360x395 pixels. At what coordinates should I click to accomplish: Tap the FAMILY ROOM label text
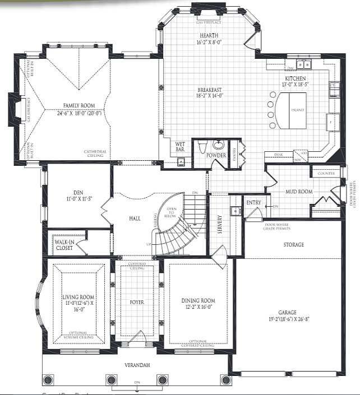click(79, 105)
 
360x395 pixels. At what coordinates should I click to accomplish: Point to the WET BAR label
click(181, 146)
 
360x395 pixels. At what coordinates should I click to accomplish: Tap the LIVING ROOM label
click(79, 296)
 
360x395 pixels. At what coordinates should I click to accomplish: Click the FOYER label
click(137, 303)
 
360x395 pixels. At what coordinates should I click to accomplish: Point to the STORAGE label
click(293, 245)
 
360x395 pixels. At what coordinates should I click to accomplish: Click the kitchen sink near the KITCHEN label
click(305, 63)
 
